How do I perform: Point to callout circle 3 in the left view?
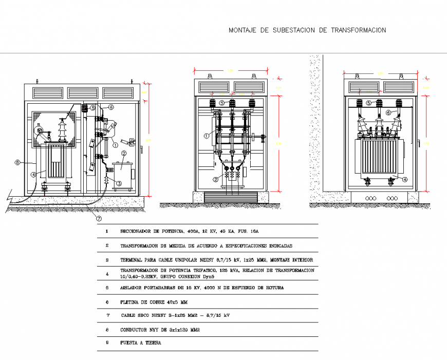coord(119,183)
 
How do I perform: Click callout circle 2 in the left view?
coord(124,153)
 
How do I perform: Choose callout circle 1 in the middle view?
coord(206,136)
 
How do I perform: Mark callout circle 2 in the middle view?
coord(216,179)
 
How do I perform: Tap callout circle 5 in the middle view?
coord(221,103)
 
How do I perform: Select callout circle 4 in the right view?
coord(404,179)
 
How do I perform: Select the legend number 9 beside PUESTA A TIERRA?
coord(107,343)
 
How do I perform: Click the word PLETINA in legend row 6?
coord(129,302)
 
